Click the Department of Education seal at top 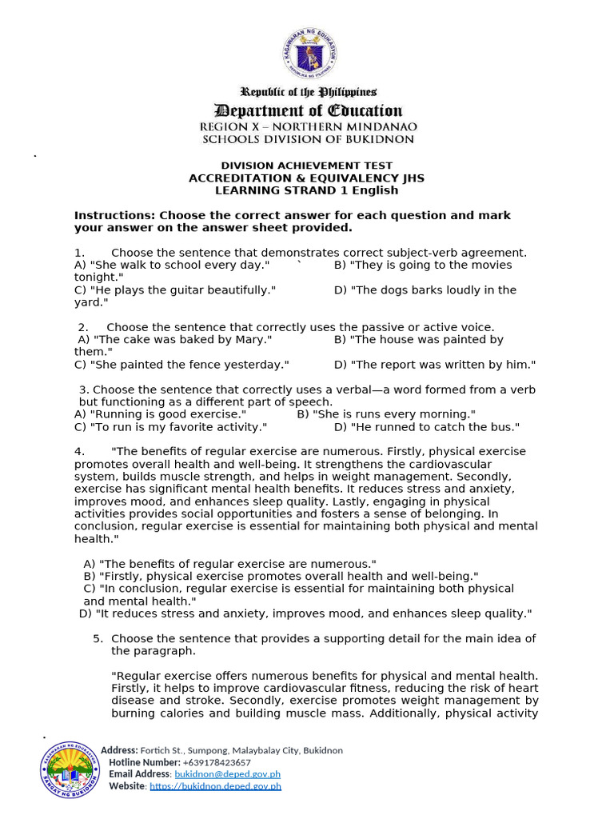(x=309, y=54)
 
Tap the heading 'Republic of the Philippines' (x=309, y=93)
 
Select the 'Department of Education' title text (x=308, y=110)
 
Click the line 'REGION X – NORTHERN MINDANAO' (x=308, y=127)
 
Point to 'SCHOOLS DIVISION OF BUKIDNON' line (x=308, y=139)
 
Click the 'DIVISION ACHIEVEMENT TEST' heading (x=307, y=166)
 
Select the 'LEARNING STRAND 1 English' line (x=307, y=190)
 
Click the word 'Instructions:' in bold (x=114, y=216)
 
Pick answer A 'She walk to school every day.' (x=172, y=265)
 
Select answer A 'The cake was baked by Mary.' (x=175, y=340)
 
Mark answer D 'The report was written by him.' (x=435, y=365)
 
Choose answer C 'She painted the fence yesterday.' (x=181, y=365)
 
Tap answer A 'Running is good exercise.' (x=160, y=414)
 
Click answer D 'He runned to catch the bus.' (x=427, y=427)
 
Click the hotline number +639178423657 (x=217, y=762)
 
